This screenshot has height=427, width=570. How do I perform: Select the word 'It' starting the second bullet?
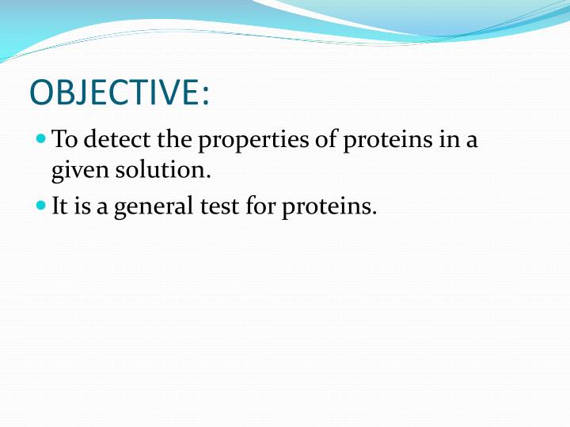coord(59,207)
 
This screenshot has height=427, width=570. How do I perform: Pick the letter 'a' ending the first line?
coord(473,142)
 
